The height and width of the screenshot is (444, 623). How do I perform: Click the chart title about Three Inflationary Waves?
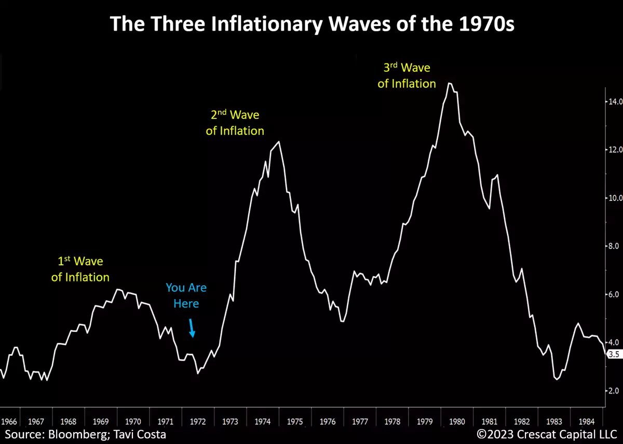point(311,24)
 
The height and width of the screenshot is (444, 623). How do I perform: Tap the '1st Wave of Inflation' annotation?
point(80,270)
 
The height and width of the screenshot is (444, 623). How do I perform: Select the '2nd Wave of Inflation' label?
point(235,123)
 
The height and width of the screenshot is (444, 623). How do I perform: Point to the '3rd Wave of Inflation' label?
point(407,76)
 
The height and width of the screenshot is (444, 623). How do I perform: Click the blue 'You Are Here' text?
point(186,295)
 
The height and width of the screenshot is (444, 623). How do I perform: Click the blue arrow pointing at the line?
point(192,329)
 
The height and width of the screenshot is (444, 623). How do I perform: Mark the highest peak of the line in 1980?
point(450,83)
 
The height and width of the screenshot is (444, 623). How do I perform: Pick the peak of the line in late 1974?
point(279,142)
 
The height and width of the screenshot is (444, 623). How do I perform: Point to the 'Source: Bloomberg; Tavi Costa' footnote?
point(86,434)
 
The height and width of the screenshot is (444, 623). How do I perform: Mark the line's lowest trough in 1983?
point(557,380)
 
